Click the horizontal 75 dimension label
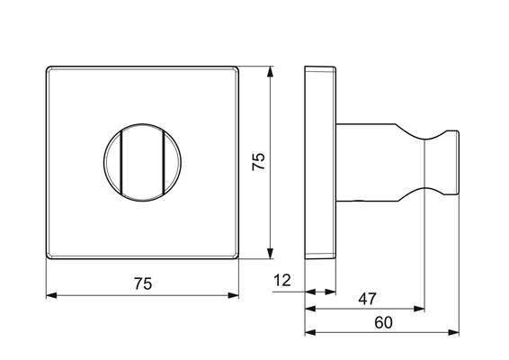143,283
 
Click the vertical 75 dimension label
259,161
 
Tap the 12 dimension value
282,280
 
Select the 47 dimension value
368,299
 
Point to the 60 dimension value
383,322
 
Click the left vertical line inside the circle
121,163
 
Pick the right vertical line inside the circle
164,163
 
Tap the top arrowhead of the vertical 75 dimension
270,71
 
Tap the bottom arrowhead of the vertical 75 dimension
270,254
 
